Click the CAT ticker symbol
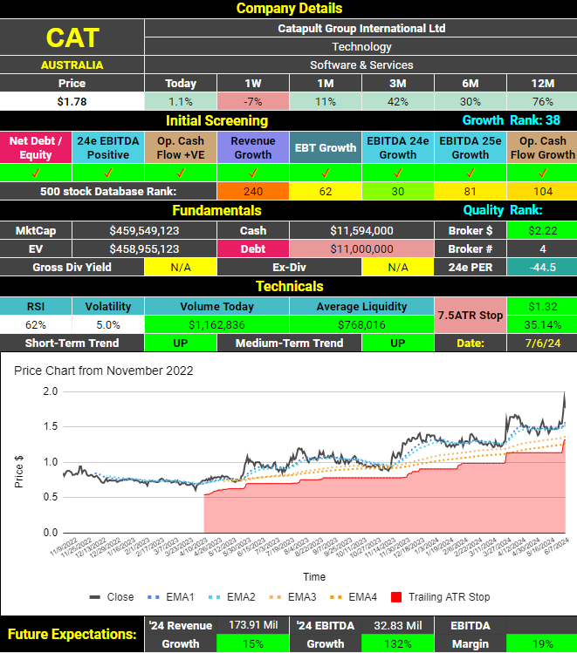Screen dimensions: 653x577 [72, 37]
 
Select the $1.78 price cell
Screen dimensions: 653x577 [72, 101]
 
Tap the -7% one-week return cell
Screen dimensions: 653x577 [252, 101]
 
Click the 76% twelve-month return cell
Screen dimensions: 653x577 [542, 101]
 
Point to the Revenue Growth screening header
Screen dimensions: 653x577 [253, 147]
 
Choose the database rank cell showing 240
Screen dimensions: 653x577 [253, 191]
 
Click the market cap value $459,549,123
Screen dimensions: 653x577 [144, 231]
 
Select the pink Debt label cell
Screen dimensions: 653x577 [253, 248]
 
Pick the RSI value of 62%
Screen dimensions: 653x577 [36, 324]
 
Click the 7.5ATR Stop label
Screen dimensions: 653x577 [471, 315]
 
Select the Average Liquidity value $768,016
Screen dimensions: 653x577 [362, 324]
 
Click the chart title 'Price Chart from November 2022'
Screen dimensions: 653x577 [104, 371]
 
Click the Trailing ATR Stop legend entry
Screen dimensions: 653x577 [440, 597]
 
